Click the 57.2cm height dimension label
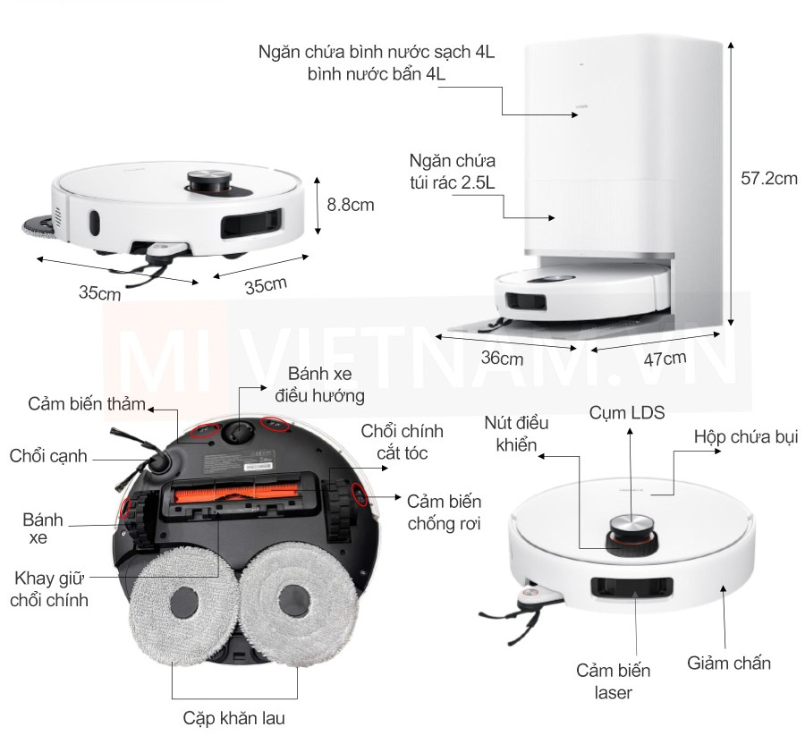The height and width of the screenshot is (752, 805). coord(769,178)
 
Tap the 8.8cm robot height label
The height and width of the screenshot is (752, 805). coord(350,204)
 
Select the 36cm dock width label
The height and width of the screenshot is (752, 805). coord(502,359)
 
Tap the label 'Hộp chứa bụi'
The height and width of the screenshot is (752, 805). coord(746,437)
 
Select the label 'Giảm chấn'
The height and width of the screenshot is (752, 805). coord(729,663)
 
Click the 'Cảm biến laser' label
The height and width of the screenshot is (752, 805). coord(613,680)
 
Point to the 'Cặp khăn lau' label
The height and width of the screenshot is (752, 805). coord(234,718)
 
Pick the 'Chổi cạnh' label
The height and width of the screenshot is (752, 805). coord(49,456)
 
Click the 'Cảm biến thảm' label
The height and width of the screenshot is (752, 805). coord(86,404)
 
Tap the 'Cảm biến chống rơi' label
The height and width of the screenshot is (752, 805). coord(444,511)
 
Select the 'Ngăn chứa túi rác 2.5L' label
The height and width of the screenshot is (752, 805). coord(452,173)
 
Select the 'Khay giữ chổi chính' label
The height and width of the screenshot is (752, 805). coord(49,587)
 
